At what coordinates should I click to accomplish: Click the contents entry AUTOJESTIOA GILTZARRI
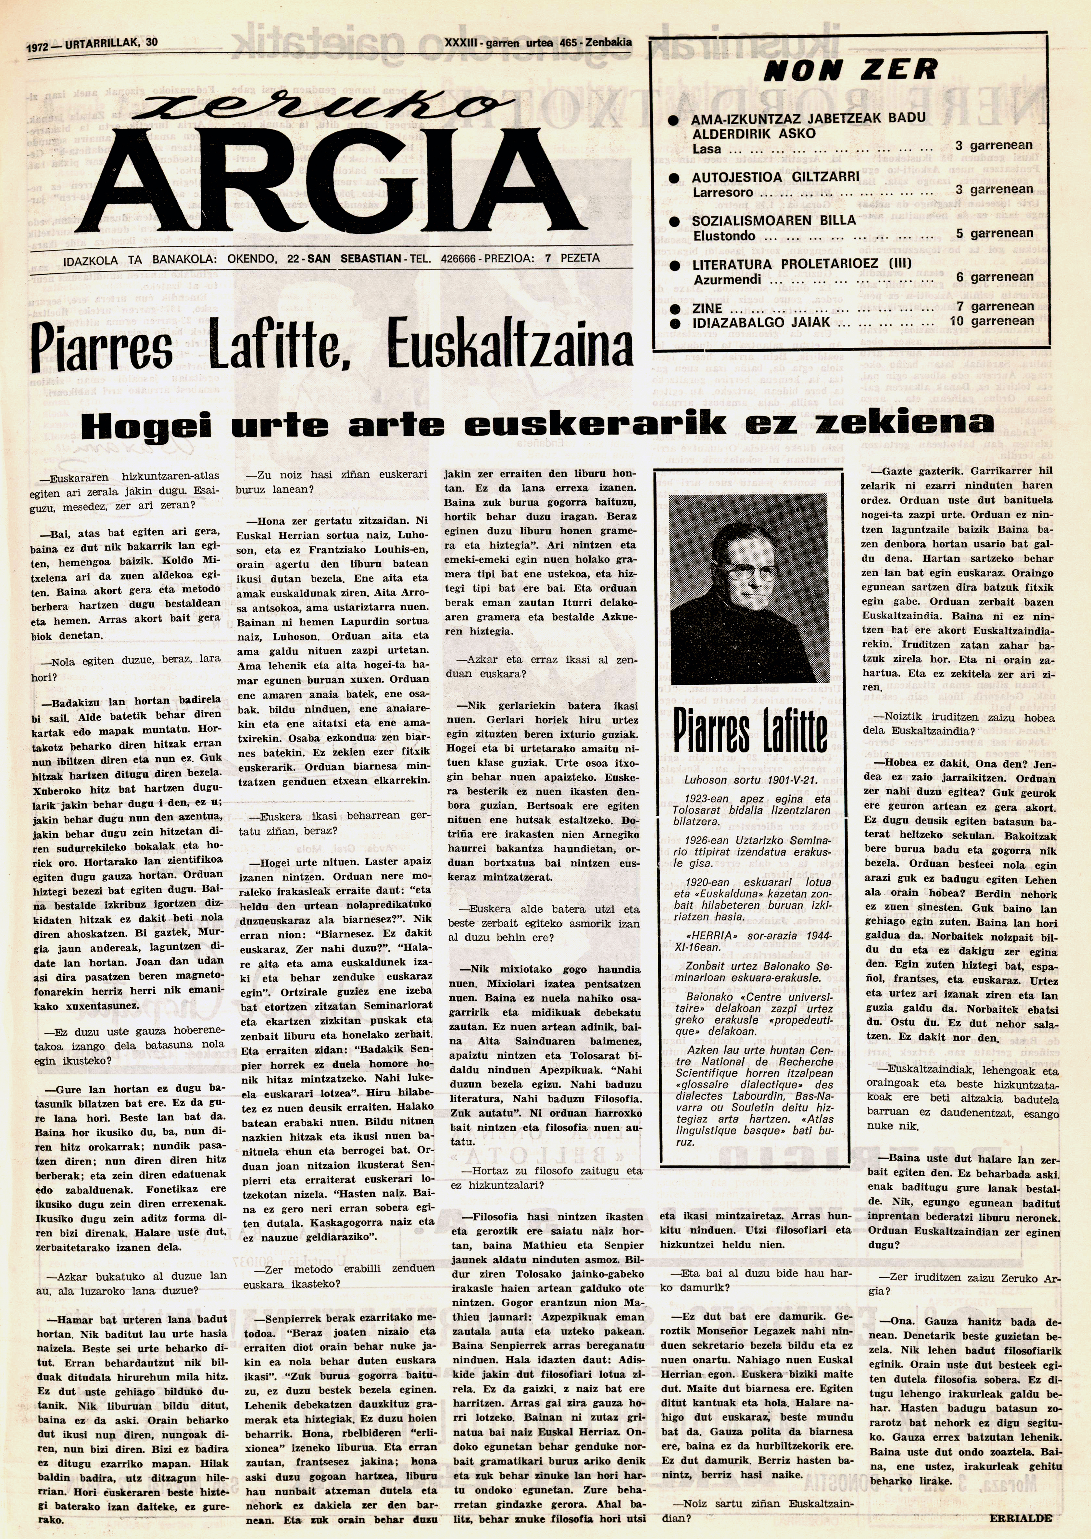[x=775, y=177]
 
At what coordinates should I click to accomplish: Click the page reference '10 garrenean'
[x=991, y=321]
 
